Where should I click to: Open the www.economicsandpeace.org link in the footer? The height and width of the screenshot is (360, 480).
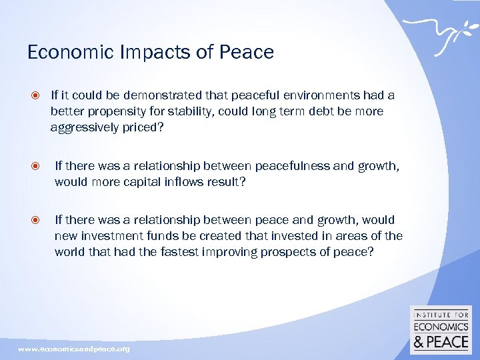click(74, 349)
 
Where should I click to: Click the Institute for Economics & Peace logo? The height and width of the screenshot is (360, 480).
click(441, 331)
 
